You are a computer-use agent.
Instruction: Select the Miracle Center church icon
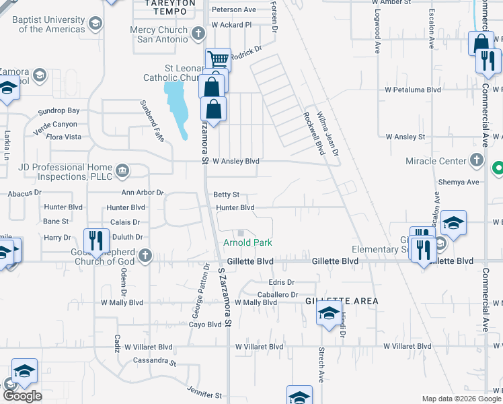(477, 160)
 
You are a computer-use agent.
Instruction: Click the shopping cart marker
(218, 60)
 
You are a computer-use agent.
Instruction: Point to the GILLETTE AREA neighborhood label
(342, 300)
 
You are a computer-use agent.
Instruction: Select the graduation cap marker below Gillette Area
(329, 314)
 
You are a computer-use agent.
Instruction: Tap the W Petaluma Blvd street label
(413, 89)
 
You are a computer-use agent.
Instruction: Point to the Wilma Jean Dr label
(329, 133)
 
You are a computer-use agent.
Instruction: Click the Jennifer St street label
(204, 391)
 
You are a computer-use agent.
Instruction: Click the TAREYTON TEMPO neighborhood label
(171, 7)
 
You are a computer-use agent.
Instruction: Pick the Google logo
(22, 395)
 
